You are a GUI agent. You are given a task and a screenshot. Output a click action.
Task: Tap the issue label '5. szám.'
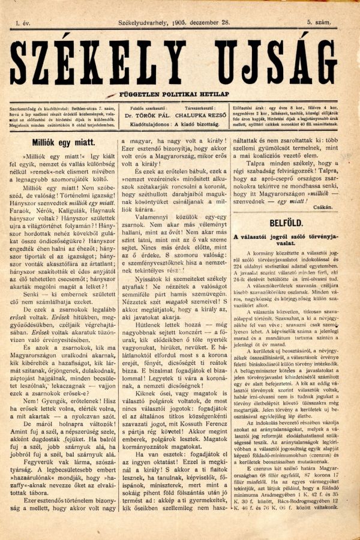click(x=320, y=22)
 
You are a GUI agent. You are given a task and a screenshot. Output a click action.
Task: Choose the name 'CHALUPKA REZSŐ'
click(x=203, y=118)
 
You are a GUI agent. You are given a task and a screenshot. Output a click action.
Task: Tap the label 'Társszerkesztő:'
click(x=203, y=108)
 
